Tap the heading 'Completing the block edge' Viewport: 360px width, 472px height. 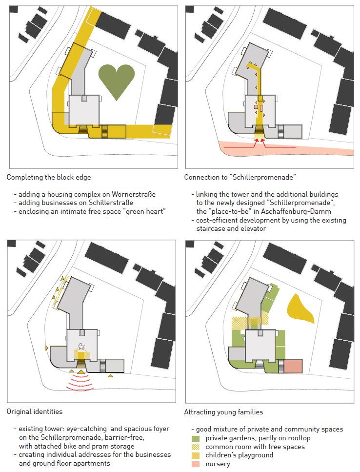pos(49,177)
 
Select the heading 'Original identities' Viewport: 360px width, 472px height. pos(35,411)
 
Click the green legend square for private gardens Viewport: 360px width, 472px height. pos(196,438)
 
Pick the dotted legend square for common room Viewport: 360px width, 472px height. pos(196,447)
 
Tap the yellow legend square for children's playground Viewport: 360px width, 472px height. pos(196,455)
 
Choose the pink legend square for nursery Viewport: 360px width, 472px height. pos(196,464)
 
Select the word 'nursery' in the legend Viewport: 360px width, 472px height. pos(218,464)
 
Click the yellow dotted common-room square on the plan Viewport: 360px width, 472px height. pos(244,323)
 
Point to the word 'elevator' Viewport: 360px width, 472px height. pos(252,228)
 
